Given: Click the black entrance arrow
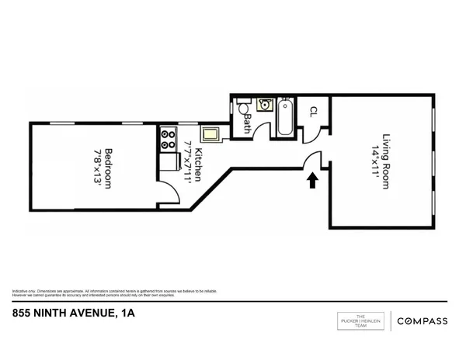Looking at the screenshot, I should [311, 181].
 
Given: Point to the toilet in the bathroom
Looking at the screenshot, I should [242, 108].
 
